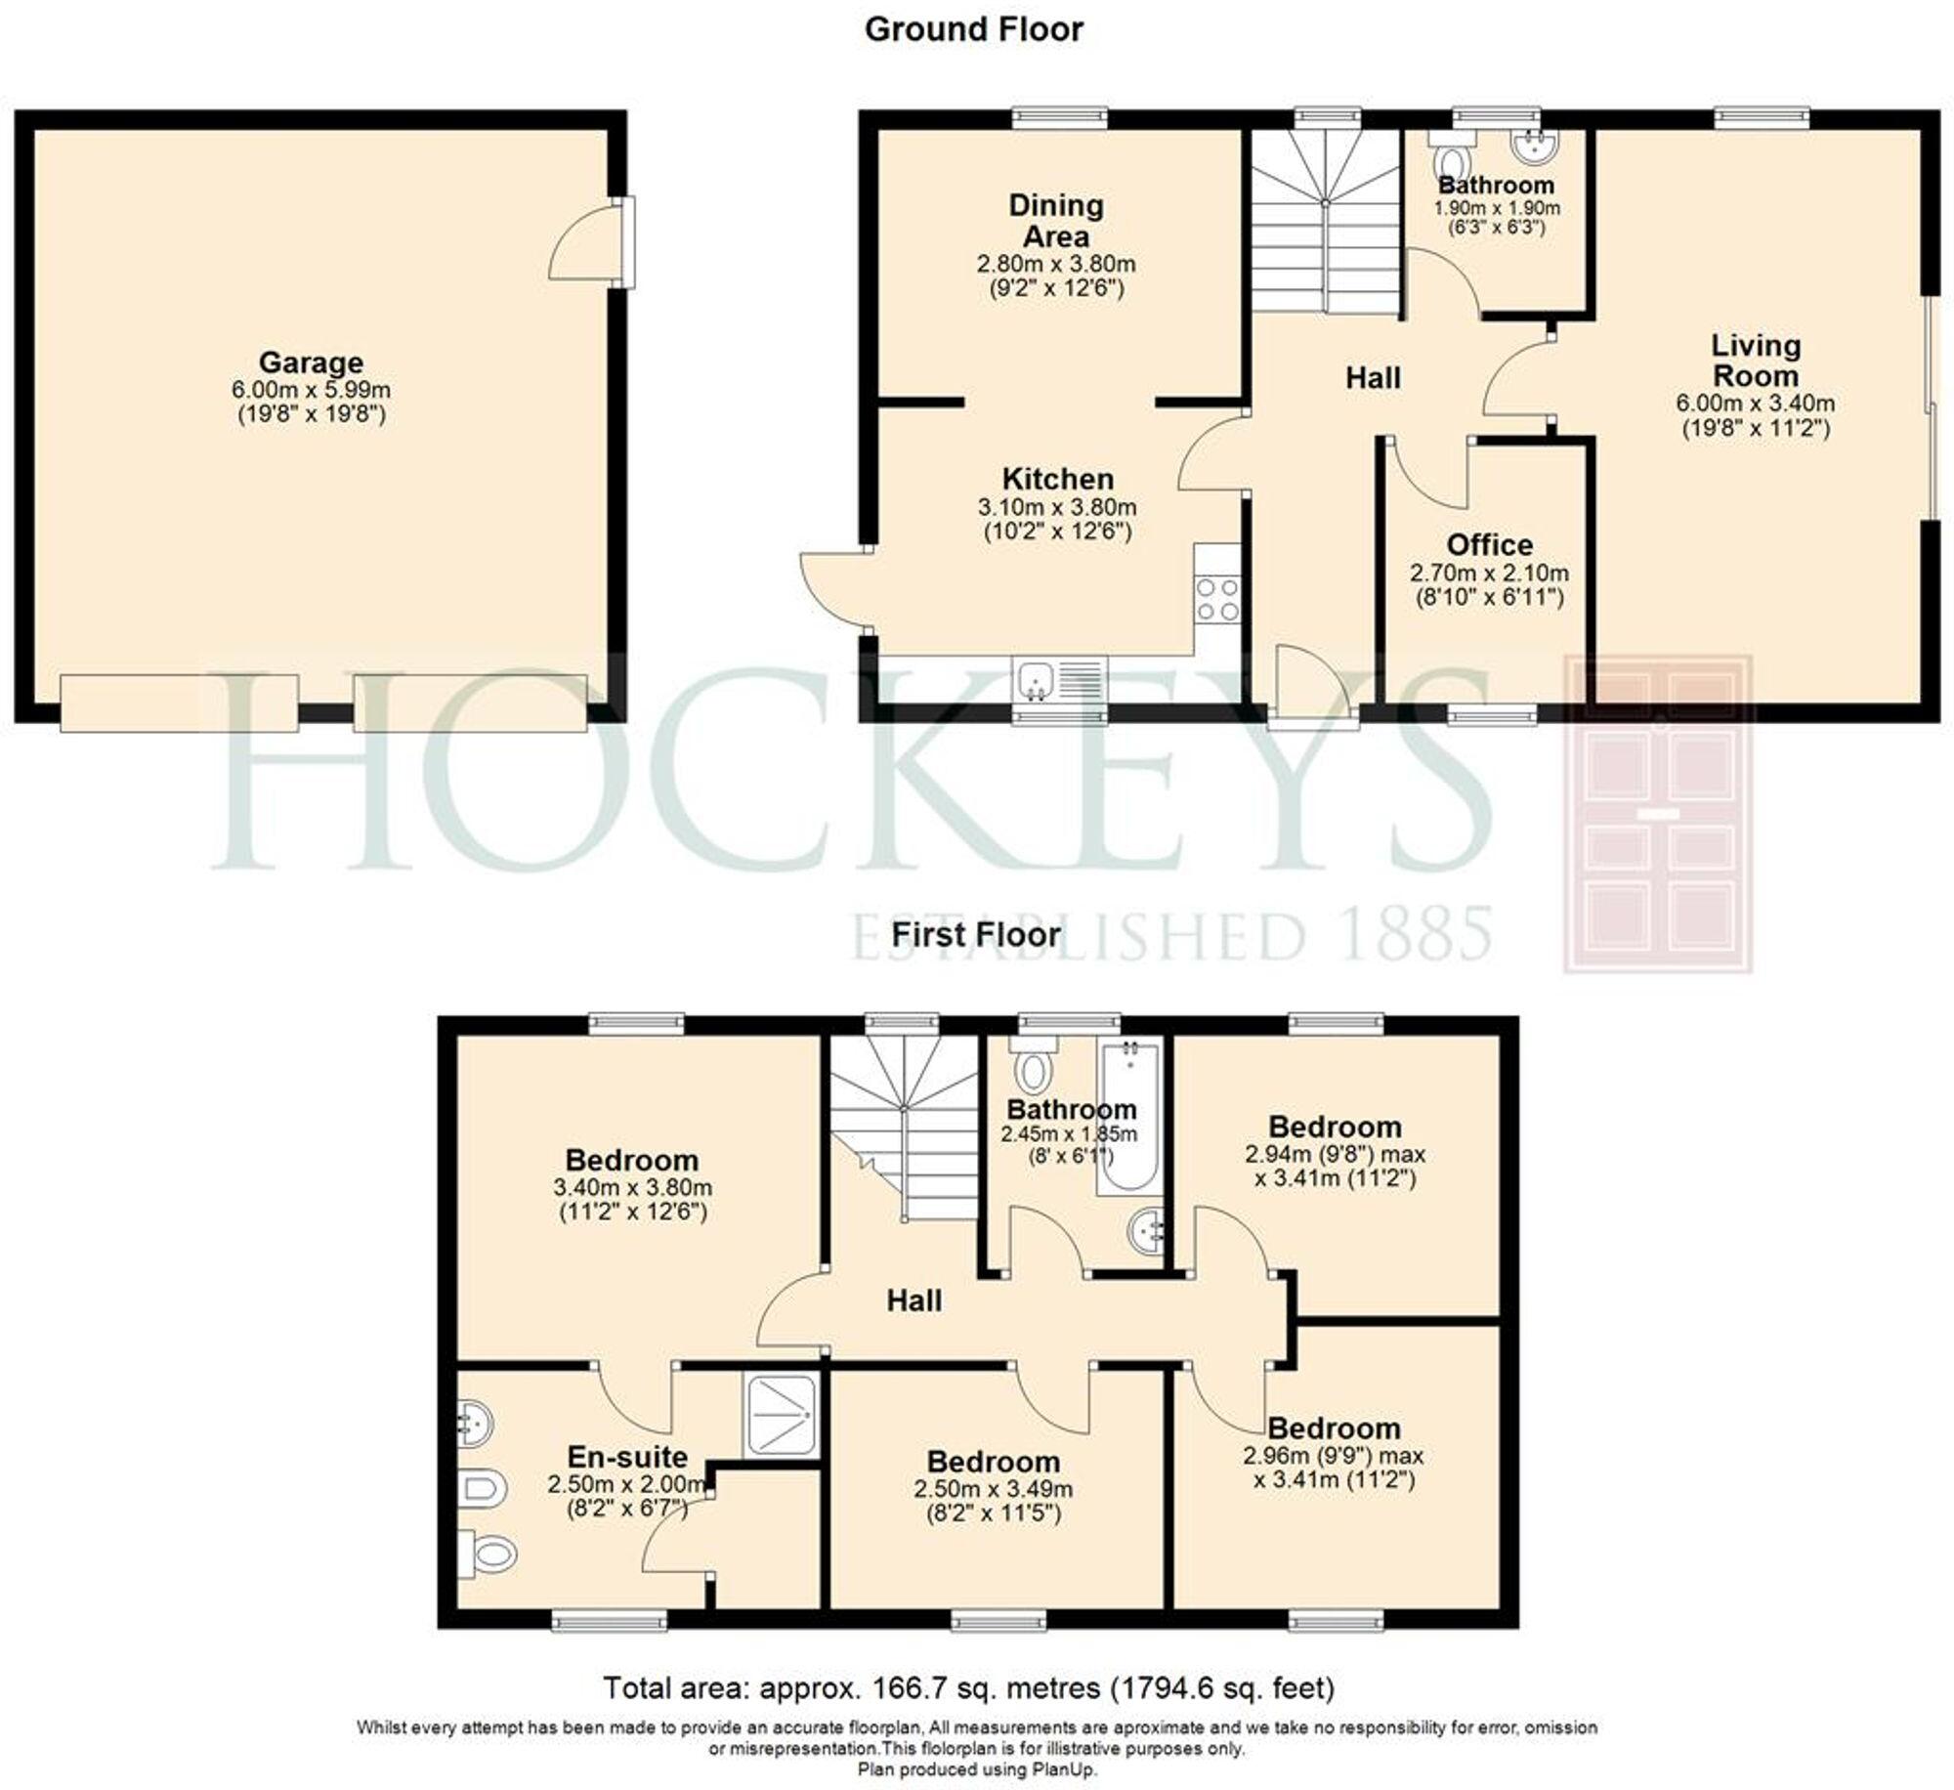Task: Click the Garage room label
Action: click(x=311, y=362)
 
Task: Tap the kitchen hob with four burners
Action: click(x=1217, y=598)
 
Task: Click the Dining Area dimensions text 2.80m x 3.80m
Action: click(x=1056, y=264)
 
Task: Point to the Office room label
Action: click(x=1489, y=544)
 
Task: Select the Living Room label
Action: click(x=1755, y=361)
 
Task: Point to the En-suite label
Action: click(x=627, y=1457)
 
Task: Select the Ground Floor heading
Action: click(x=973, y=29)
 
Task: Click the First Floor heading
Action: click(x=975, y=934)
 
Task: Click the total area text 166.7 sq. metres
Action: click(x=968, y=1687)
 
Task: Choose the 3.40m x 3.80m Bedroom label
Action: click(x=632, y=1160)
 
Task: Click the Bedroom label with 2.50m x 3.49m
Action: click(x=993, y=1462)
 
